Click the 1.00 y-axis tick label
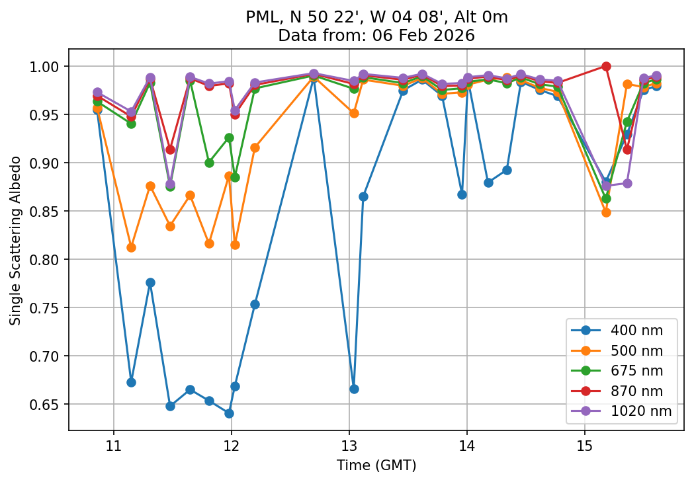[x=47, y=67]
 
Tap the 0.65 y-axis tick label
[x=47, y=405]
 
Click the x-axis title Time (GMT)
[x=376, y=465]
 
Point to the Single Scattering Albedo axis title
[x=15, y=241]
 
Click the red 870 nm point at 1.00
[x=606, y=66]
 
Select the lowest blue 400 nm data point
[x=229, y=413]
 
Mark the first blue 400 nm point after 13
[x=354, y=389]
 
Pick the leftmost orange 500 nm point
[x=97, y=108]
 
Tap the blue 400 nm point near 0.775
[x=150, y=282]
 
